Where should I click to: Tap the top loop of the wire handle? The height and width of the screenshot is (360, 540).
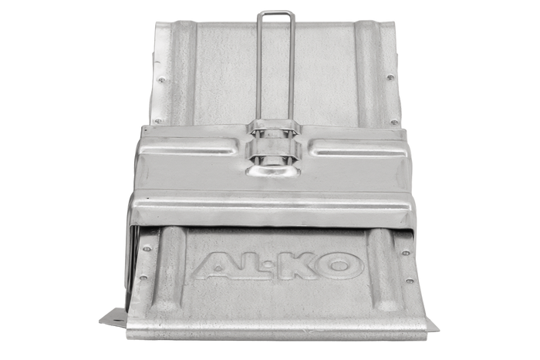277,12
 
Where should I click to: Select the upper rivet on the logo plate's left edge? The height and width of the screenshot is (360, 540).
144,248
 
